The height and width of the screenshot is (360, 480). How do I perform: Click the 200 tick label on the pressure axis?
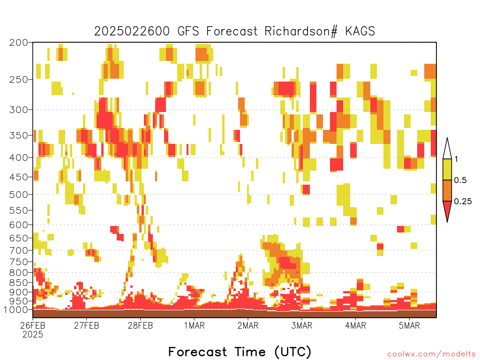(19, 43)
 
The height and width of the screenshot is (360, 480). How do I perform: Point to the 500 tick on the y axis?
(19, 195)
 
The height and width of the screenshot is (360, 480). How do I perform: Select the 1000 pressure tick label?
(15, 309)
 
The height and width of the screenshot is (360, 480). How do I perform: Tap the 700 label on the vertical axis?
(19, 250)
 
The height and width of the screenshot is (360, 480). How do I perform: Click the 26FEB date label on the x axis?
(33, 325)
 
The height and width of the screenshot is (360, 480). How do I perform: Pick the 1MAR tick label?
(194, 325)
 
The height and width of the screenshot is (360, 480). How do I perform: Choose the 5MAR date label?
(409, 325)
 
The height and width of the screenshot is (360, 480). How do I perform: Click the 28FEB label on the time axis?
(140, 325)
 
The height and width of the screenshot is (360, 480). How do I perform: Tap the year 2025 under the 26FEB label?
(33, 334)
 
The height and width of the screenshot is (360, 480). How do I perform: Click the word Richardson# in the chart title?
(301, 31)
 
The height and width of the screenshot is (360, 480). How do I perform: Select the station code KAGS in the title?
(360, 31)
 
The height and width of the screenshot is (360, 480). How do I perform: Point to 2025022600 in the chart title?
(132, 31)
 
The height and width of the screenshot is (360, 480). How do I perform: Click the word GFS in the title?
(188, 31)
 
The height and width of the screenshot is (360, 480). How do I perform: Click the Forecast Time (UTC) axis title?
(240, 352)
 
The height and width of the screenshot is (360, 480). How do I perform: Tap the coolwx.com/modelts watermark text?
(431, 354)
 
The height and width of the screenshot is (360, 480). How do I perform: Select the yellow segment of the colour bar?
(447, 169)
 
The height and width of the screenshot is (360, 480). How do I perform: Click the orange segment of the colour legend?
(447, 190)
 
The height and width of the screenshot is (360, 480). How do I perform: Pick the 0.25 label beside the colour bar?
(463, 202)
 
